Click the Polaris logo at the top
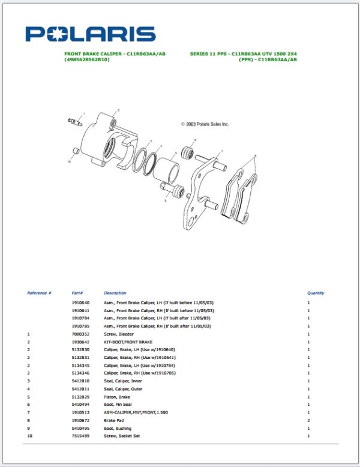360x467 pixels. pyautogui.click(x=90, y=34)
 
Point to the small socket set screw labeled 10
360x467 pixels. pyautogui.click(x=76, y=150)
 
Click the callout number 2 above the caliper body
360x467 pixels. pyautogui.click(x=118, y=110)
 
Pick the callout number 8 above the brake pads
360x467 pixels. pyautogui.click(x=255, y=156)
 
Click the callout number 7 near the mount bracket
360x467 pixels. pyautogui.click(x=221, y=151)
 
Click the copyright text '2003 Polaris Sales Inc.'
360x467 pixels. pyautogui.click(x=205, y=124)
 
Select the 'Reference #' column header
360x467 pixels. pyautogui.click(x=39, y=293)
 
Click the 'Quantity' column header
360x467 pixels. pyautogui.click(x=316, y=293)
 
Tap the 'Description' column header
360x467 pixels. pyautogui.click(x=115, y=293)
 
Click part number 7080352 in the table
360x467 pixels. pyautogui.click(x=80, y=334)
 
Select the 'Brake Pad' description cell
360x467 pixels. pyautogui.click(x=116, y=420)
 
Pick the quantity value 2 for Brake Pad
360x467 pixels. pyautogui.click(x=309, y=420)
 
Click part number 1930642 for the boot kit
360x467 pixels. pyautogui.click(x=80, y=342)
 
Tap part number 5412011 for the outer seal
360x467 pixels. pyautogui.click(x=80, y=388)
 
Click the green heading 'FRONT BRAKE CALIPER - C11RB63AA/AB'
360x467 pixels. pyautogui.click(x=115, y=53)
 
